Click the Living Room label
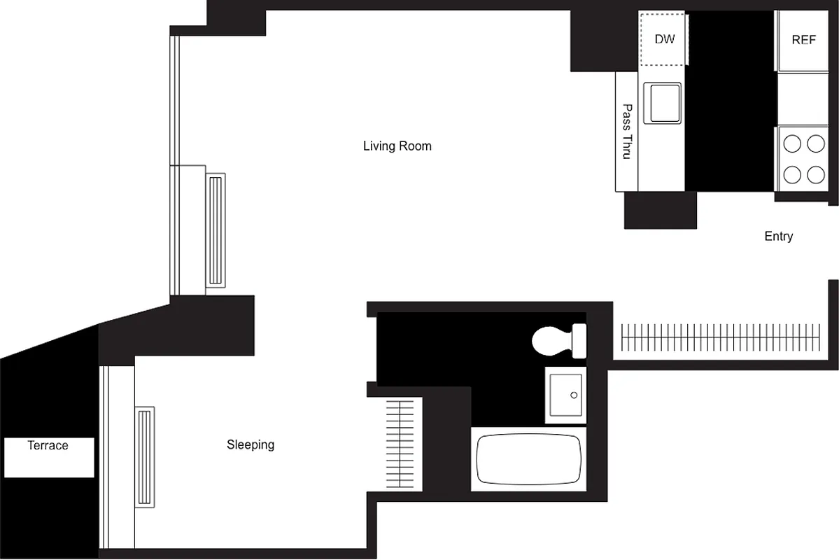(397, 146)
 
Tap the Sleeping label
(251, 444)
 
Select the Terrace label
(48, 445)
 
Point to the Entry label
(778, 237)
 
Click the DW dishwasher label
(664, 39)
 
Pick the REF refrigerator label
(803, 40)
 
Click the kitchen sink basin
(663, 103)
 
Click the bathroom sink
(566, 395)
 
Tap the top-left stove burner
(792, 144)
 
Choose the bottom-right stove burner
(816, 173)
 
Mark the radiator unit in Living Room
(215, 230)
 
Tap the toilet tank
(579, 339)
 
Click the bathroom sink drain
(574, 395)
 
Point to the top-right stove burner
(816, 144)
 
